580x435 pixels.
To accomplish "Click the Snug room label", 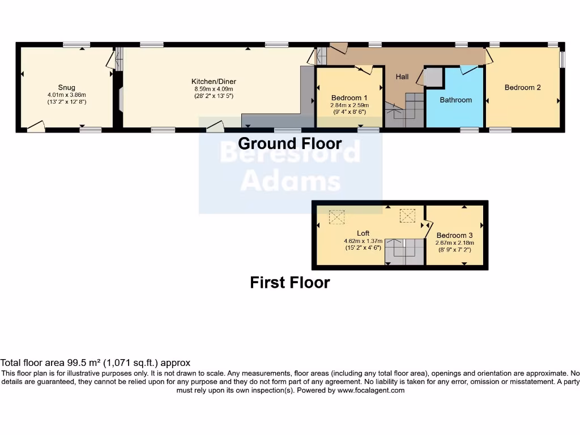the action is tap(66, 87).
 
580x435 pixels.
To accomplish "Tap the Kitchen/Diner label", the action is tap(214, 82).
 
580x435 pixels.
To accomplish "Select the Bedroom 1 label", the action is tap(349, 97).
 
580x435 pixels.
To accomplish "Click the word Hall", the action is tap(402, 76).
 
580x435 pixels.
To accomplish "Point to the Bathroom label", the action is tap(456, 100).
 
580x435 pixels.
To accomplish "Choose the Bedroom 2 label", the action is tap(523, 87).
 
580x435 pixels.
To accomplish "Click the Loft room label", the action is tap(363, 233).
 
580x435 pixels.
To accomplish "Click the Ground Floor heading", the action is tap(290, 143).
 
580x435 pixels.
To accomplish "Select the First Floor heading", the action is tap(290, 282).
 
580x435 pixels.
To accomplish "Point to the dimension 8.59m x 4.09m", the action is tap(214, 89).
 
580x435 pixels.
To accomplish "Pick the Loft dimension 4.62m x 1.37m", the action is tap(362, 240).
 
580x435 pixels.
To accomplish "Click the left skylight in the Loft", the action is tap(337, 217).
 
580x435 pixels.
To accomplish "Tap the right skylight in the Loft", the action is tap(408, 216).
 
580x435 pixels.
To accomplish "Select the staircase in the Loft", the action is tap(405, 251).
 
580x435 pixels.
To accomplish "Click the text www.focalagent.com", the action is tap(370, 390).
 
